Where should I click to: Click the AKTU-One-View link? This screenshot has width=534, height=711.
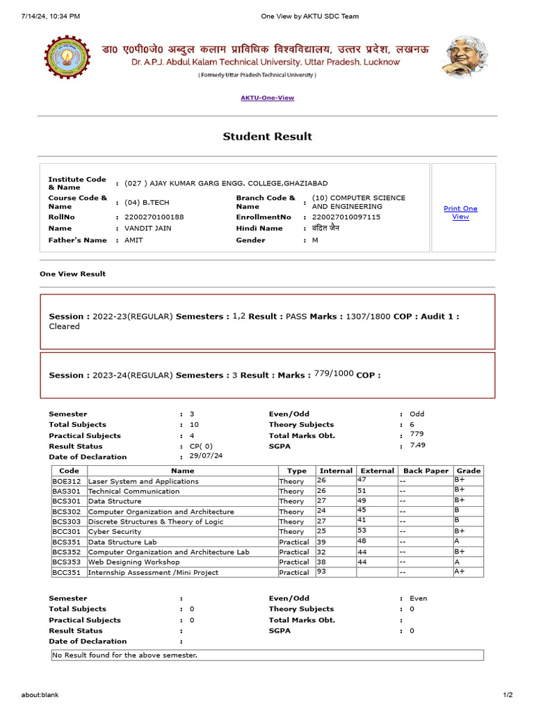pos(267,98)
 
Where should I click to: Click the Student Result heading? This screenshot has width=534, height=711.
pos(267,137)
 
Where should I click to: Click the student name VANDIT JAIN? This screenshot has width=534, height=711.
pos(148,228)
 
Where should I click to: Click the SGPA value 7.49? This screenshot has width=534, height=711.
pos(417,445)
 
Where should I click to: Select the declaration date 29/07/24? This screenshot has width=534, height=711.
pos(206,455)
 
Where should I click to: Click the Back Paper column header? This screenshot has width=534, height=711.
pos(426,471)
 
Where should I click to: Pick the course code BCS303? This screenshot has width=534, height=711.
pos(67,521)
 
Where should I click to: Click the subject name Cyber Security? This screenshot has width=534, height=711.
pos(115,532)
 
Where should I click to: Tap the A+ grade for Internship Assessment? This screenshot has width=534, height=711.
pos(460,571)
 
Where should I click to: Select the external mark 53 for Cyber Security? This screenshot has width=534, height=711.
pos(362,530)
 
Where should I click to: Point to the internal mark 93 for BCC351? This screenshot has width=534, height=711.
pos(322,571)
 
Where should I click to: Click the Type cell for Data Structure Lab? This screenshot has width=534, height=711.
pos(294,542)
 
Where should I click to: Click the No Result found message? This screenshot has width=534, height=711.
pos(125,655)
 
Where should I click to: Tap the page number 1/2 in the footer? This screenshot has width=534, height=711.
pos(508,694)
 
